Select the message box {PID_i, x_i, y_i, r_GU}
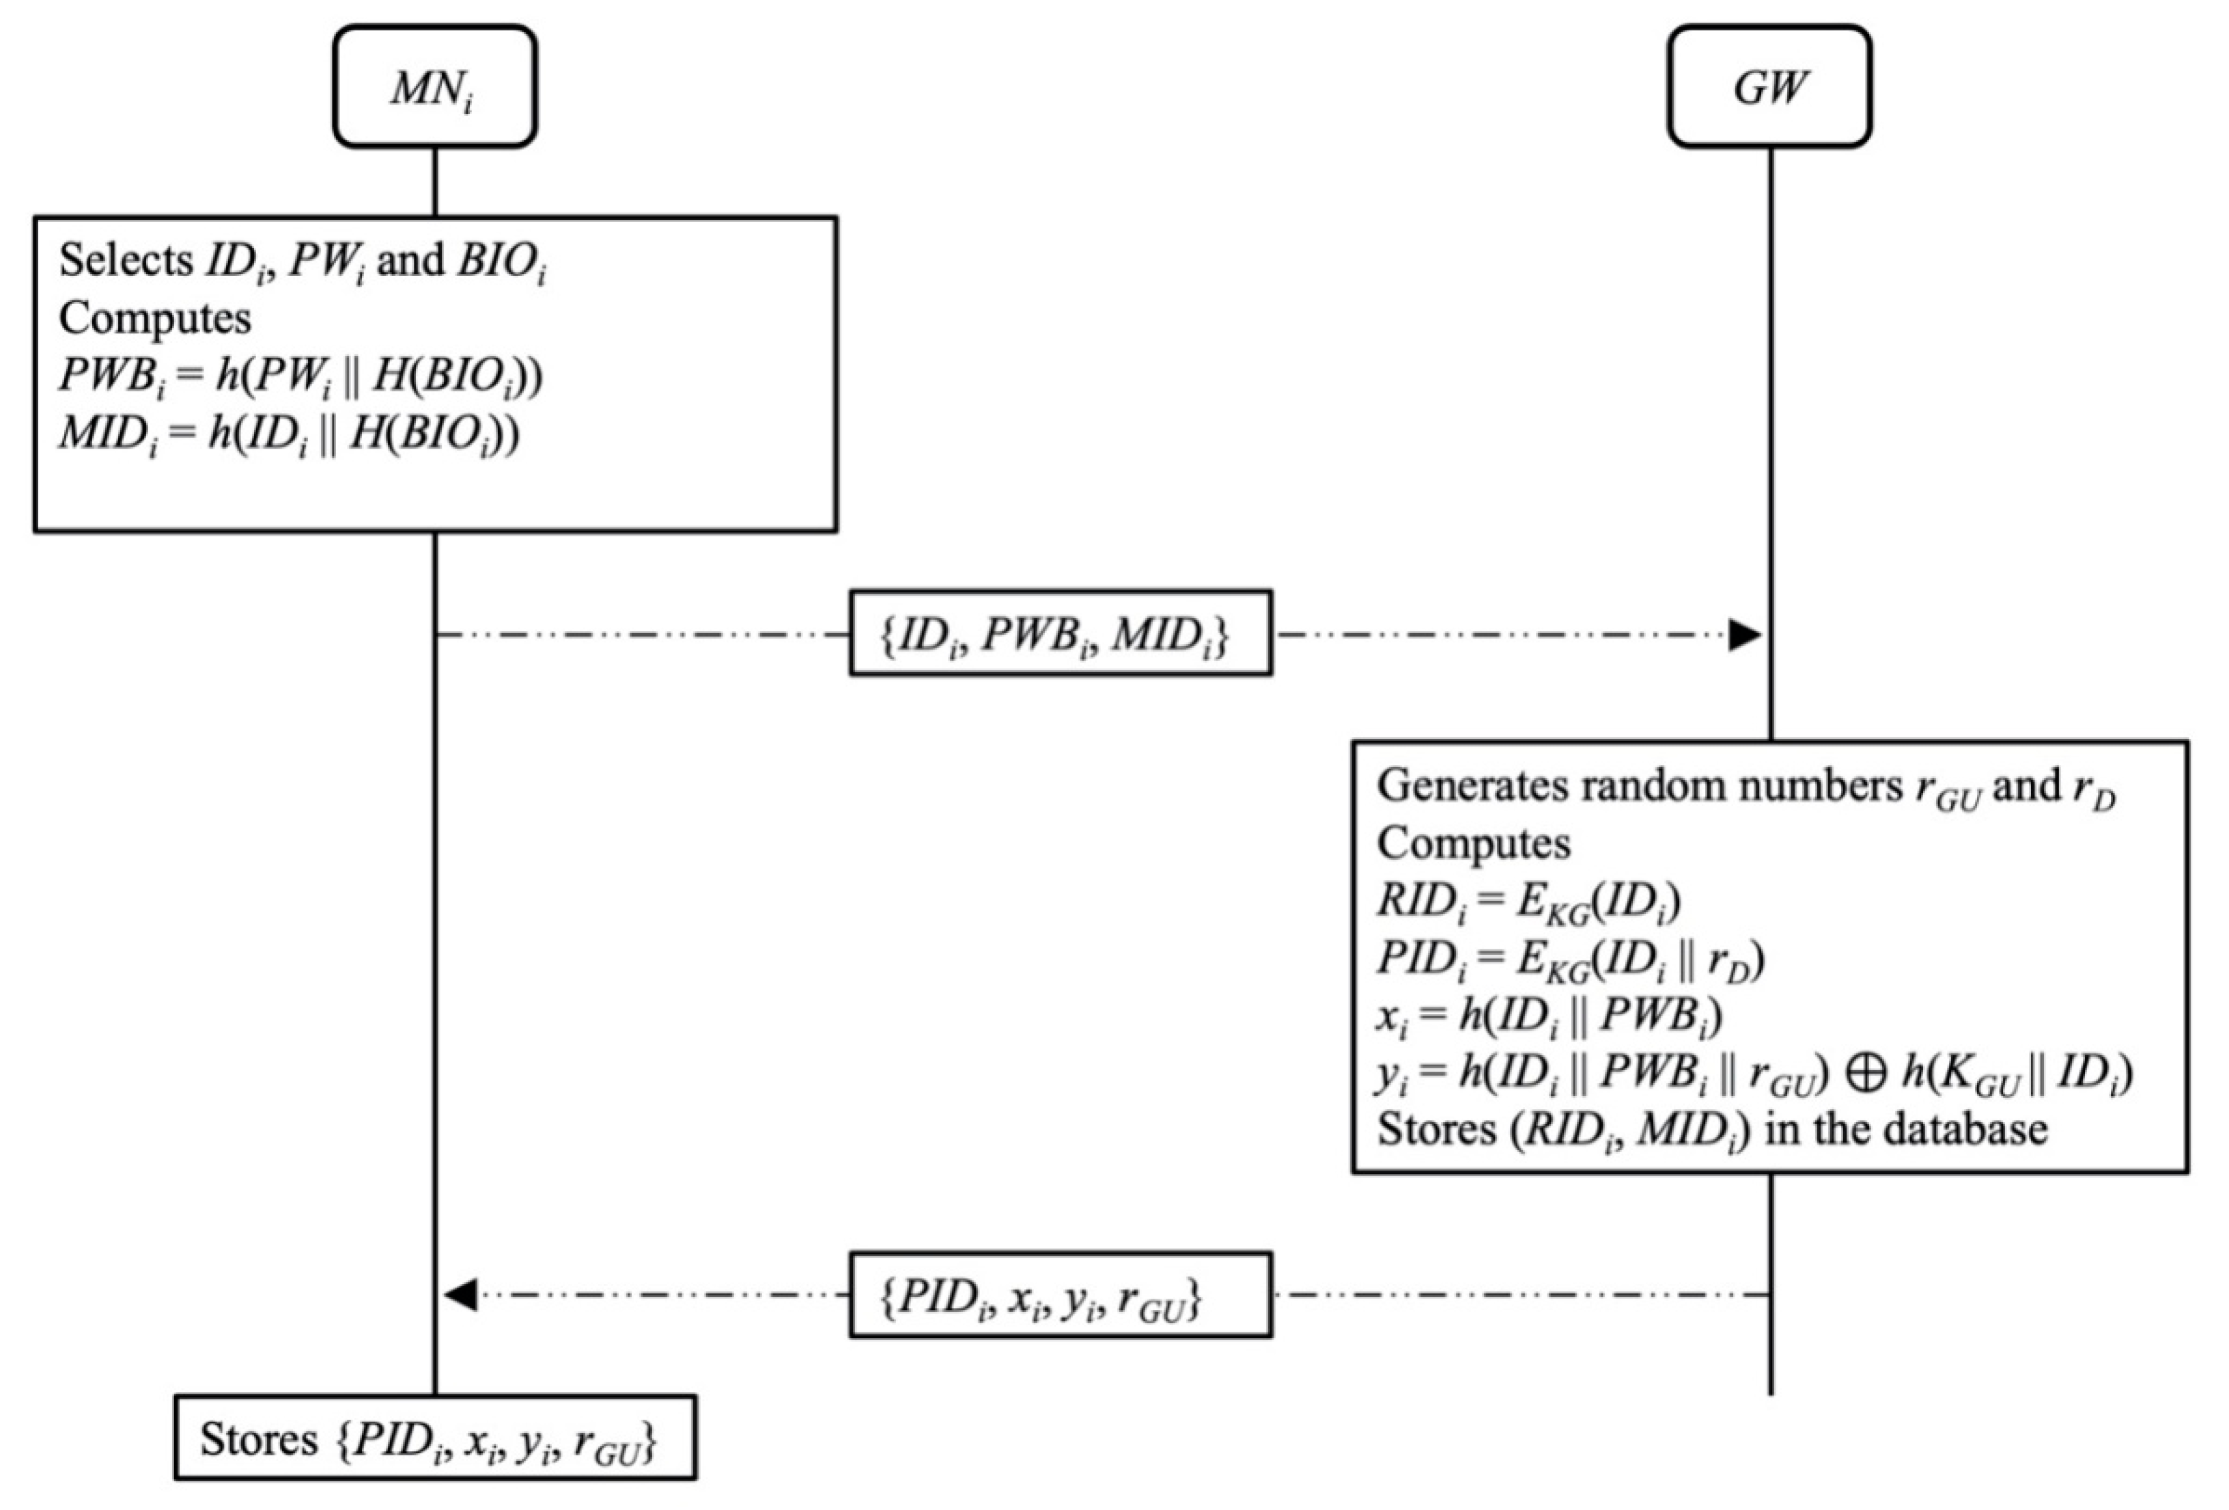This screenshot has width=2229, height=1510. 1060,1295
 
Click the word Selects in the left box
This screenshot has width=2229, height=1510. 125,260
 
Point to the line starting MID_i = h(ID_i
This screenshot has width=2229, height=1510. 288,434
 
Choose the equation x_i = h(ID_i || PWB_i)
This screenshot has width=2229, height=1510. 1549,1015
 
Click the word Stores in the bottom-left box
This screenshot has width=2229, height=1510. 258,1439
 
